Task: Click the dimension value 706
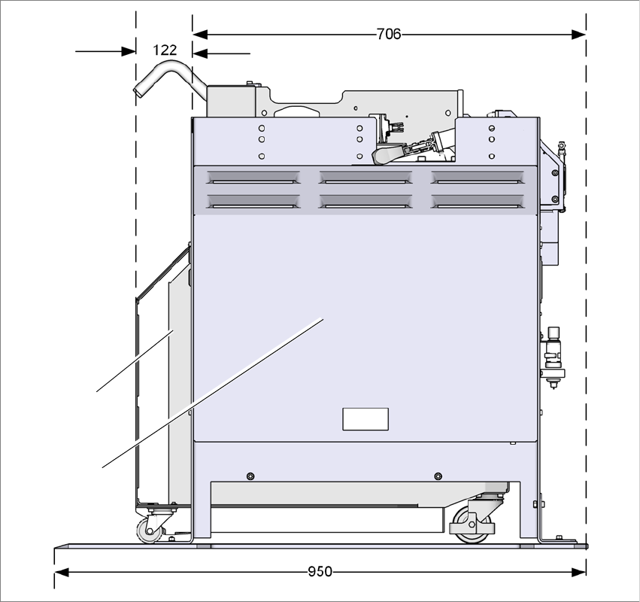[x=389, y=34]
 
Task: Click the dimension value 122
[x=165, y=50]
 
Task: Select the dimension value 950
[x=320, y=572]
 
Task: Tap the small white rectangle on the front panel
[x=365, y=419]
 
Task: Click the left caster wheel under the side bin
[x=148, y=531]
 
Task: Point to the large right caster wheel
[x=469, y=524]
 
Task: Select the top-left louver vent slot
[x=253, y=178]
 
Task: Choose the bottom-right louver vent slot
[x=478, y=202]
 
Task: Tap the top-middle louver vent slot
[x=365, y=178]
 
